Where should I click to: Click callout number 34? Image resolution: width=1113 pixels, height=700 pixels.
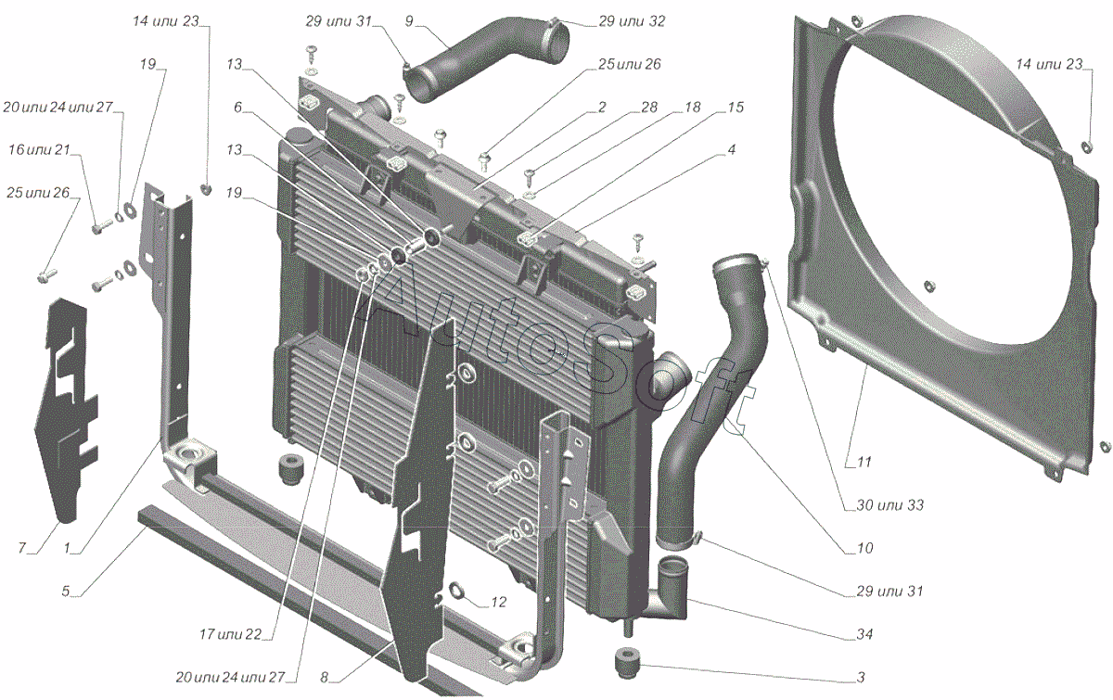[864, 634]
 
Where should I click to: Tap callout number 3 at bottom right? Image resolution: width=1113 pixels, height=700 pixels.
[861, 677]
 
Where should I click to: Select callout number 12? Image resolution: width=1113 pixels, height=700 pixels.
[498, 602]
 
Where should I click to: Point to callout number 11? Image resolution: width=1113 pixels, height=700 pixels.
[864, 462]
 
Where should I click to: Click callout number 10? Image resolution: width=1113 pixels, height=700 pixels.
[865, 548]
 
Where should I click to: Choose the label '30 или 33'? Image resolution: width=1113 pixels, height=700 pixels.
[889, 505]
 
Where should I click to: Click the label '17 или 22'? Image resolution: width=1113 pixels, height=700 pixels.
[231, 634]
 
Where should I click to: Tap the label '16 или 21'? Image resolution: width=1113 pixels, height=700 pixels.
[39, 149]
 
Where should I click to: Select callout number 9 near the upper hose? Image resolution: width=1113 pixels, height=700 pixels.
[409, 21]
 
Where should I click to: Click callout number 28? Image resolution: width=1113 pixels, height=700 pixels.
[649, 107]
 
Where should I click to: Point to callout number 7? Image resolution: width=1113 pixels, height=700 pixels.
[22, 548]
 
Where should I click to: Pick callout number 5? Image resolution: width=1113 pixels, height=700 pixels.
[66, 592]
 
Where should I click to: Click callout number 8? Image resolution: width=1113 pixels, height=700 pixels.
[324, 677]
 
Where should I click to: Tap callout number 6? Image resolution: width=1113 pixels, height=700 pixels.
[237, 107]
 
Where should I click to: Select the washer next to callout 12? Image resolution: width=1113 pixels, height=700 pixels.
[455, 591]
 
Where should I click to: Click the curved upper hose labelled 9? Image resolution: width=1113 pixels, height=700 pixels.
[483, 59]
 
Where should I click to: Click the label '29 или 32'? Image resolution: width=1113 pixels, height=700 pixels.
[632, 21]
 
